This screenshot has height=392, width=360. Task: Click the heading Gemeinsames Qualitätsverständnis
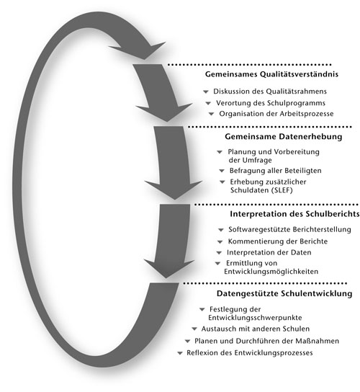point(271,74)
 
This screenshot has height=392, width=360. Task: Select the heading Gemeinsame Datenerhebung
point(283,136)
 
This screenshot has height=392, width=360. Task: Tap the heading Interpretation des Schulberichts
point(294,214)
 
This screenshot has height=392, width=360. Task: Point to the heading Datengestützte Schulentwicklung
point(284,293)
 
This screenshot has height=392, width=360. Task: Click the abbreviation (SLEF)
point(282,190)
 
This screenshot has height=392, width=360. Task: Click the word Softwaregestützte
point(259,229)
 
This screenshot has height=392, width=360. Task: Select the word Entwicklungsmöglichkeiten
point(271,272)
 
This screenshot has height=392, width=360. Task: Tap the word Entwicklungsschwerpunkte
point(255,318)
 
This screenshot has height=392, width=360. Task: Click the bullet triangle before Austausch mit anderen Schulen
point(194,329)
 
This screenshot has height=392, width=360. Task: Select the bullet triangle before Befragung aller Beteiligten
point(222,171)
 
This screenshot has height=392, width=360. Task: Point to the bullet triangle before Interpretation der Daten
point(219,253)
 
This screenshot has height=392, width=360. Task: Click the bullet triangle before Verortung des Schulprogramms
point(208,103)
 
